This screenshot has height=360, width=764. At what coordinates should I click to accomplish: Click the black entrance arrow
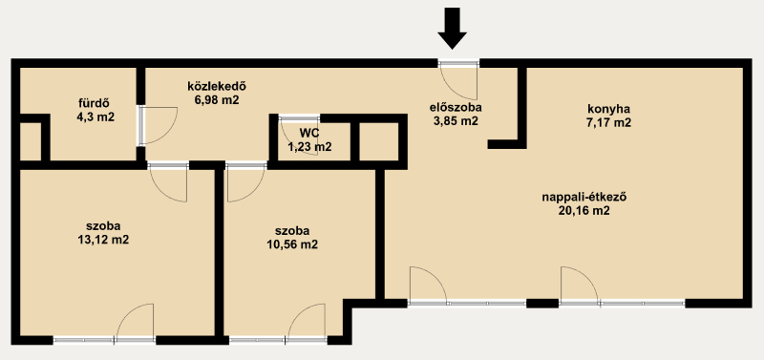point(452,29)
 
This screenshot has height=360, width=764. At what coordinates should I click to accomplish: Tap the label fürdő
point(93,103)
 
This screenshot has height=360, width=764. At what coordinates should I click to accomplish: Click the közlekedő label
point(217,87)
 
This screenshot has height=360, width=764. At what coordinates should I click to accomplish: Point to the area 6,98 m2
point(217,100)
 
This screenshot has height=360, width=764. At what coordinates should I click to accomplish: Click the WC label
point(309,133)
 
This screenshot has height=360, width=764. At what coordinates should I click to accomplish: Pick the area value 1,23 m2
point(309,147)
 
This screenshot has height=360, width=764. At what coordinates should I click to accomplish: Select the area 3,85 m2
point(456,122)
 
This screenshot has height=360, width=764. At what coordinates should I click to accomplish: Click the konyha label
point(608,109)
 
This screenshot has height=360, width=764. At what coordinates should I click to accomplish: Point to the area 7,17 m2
point(608,122)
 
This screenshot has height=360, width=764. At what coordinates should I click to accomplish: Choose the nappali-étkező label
point(584,198)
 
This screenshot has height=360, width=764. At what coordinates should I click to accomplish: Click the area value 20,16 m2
point(584,211)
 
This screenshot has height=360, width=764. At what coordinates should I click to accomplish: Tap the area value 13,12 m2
point(103,240)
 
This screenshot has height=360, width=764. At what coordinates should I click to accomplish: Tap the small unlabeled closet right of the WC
point(378,141)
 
